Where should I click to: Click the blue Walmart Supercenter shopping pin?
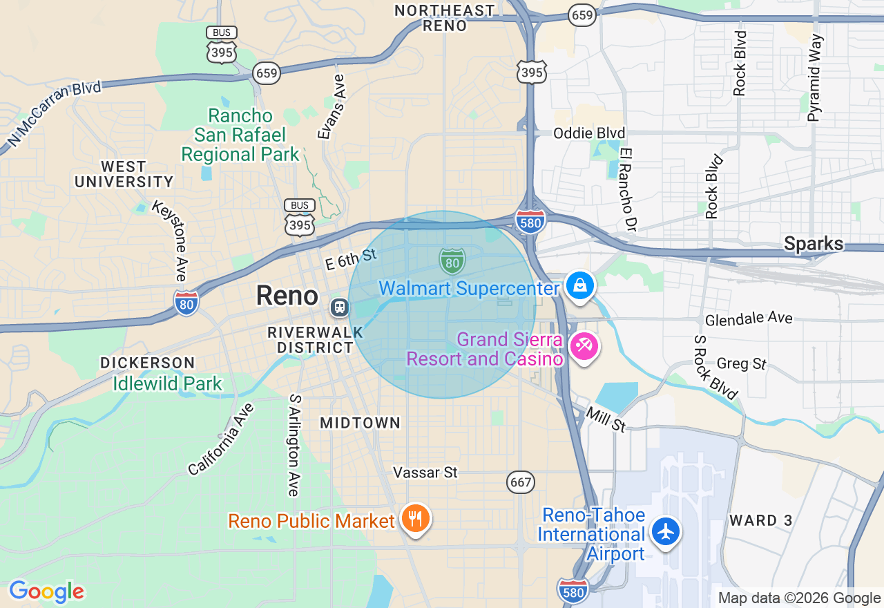[579, 285]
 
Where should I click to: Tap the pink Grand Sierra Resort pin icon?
[584, 345]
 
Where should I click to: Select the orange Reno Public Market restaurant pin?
[414, 518]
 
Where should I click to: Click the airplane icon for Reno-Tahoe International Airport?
[666, 531]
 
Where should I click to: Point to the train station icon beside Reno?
[339, 307]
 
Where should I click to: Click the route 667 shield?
[521, 482]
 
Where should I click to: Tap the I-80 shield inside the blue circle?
[452, 260]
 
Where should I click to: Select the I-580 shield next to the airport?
[573, 589]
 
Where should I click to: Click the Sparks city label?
[814, 243]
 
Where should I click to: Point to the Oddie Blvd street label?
[589, 133]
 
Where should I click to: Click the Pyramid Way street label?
[816, 77]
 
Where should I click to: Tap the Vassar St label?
[425, 473]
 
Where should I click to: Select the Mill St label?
[606, 419]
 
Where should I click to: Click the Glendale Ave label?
[749, 319]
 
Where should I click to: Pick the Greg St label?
[742, 363]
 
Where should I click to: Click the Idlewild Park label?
[168, 383]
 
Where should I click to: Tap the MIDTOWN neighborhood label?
[360, 423]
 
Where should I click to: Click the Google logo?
[46, 591]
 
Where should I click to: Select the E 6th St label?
[351, 258]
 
